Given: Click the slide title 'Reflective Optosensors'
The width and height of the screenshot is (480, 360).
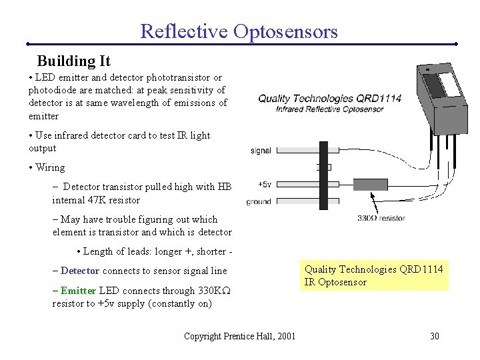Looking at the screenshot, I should (239, 31).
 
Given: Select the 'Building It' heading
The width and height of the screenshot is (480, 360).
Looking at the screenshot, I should (73, 61).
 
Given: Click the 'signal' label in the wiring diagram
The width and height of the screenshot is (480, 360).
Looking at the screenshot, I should (261, 151).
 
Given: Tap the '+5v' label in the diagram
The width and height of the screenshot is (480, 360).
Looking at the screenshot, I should (263, 185).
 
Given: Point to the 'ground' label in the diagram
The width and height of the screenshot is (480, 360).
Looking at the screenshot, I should (259, 201).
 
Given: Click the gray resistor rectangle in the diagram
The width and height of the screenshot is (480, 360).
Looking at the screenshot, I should (369, 185).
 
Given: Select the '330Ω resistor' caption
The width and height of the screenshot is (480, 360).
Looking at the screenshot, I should (381, 218).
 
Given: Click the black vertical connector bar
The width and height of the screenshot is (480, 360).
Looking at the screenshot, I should (325, 175).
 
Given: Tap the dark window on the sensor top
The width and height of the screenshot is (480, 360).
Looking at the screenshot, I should (434, 85).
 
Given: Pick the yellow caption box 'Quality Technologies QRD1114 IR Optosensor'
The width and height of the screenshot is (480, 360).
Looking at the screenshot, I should (374, 275).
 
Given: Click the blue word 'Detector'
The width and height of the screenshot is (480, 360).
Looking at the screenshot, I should (80, 271).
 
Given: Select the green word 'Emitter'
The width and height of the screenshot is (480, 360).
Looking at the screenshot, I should (78, 291).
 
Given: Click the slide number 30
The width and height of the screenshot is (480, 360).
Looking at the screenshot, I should (434, 336).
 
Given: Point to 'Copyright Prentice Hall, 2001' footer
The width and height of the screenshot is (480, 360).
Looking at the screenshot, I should (239, 336).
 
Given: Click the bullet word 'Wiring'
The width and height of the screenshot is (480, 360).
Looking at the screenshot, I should (50, 167).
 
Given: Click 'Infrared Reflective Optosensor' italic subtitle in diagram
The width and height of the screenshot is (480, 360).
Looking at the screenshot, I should (330, 109).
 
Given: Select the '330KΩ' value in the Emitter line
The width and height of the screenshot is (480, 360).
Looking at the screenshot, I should (215, 291).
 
